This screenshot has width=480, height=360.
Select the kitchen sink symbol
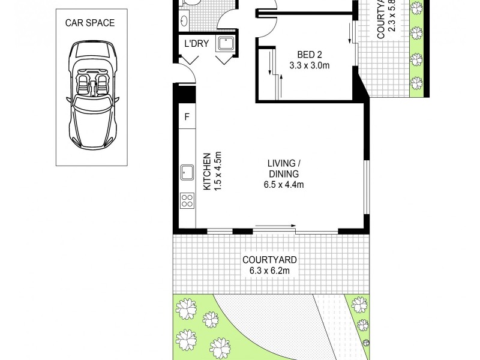coord(187,173)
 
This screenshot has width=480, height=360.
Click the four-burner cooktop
coord(187,200)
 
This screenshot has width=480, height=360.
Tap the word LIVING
coord(283,163)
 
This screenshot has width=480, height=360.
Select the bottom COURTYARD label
coord(269,260)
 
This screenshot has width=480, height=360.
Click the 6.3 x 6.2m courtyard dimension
coord(269,271)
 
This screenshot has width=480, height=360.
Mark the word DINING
coord(284,174)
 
